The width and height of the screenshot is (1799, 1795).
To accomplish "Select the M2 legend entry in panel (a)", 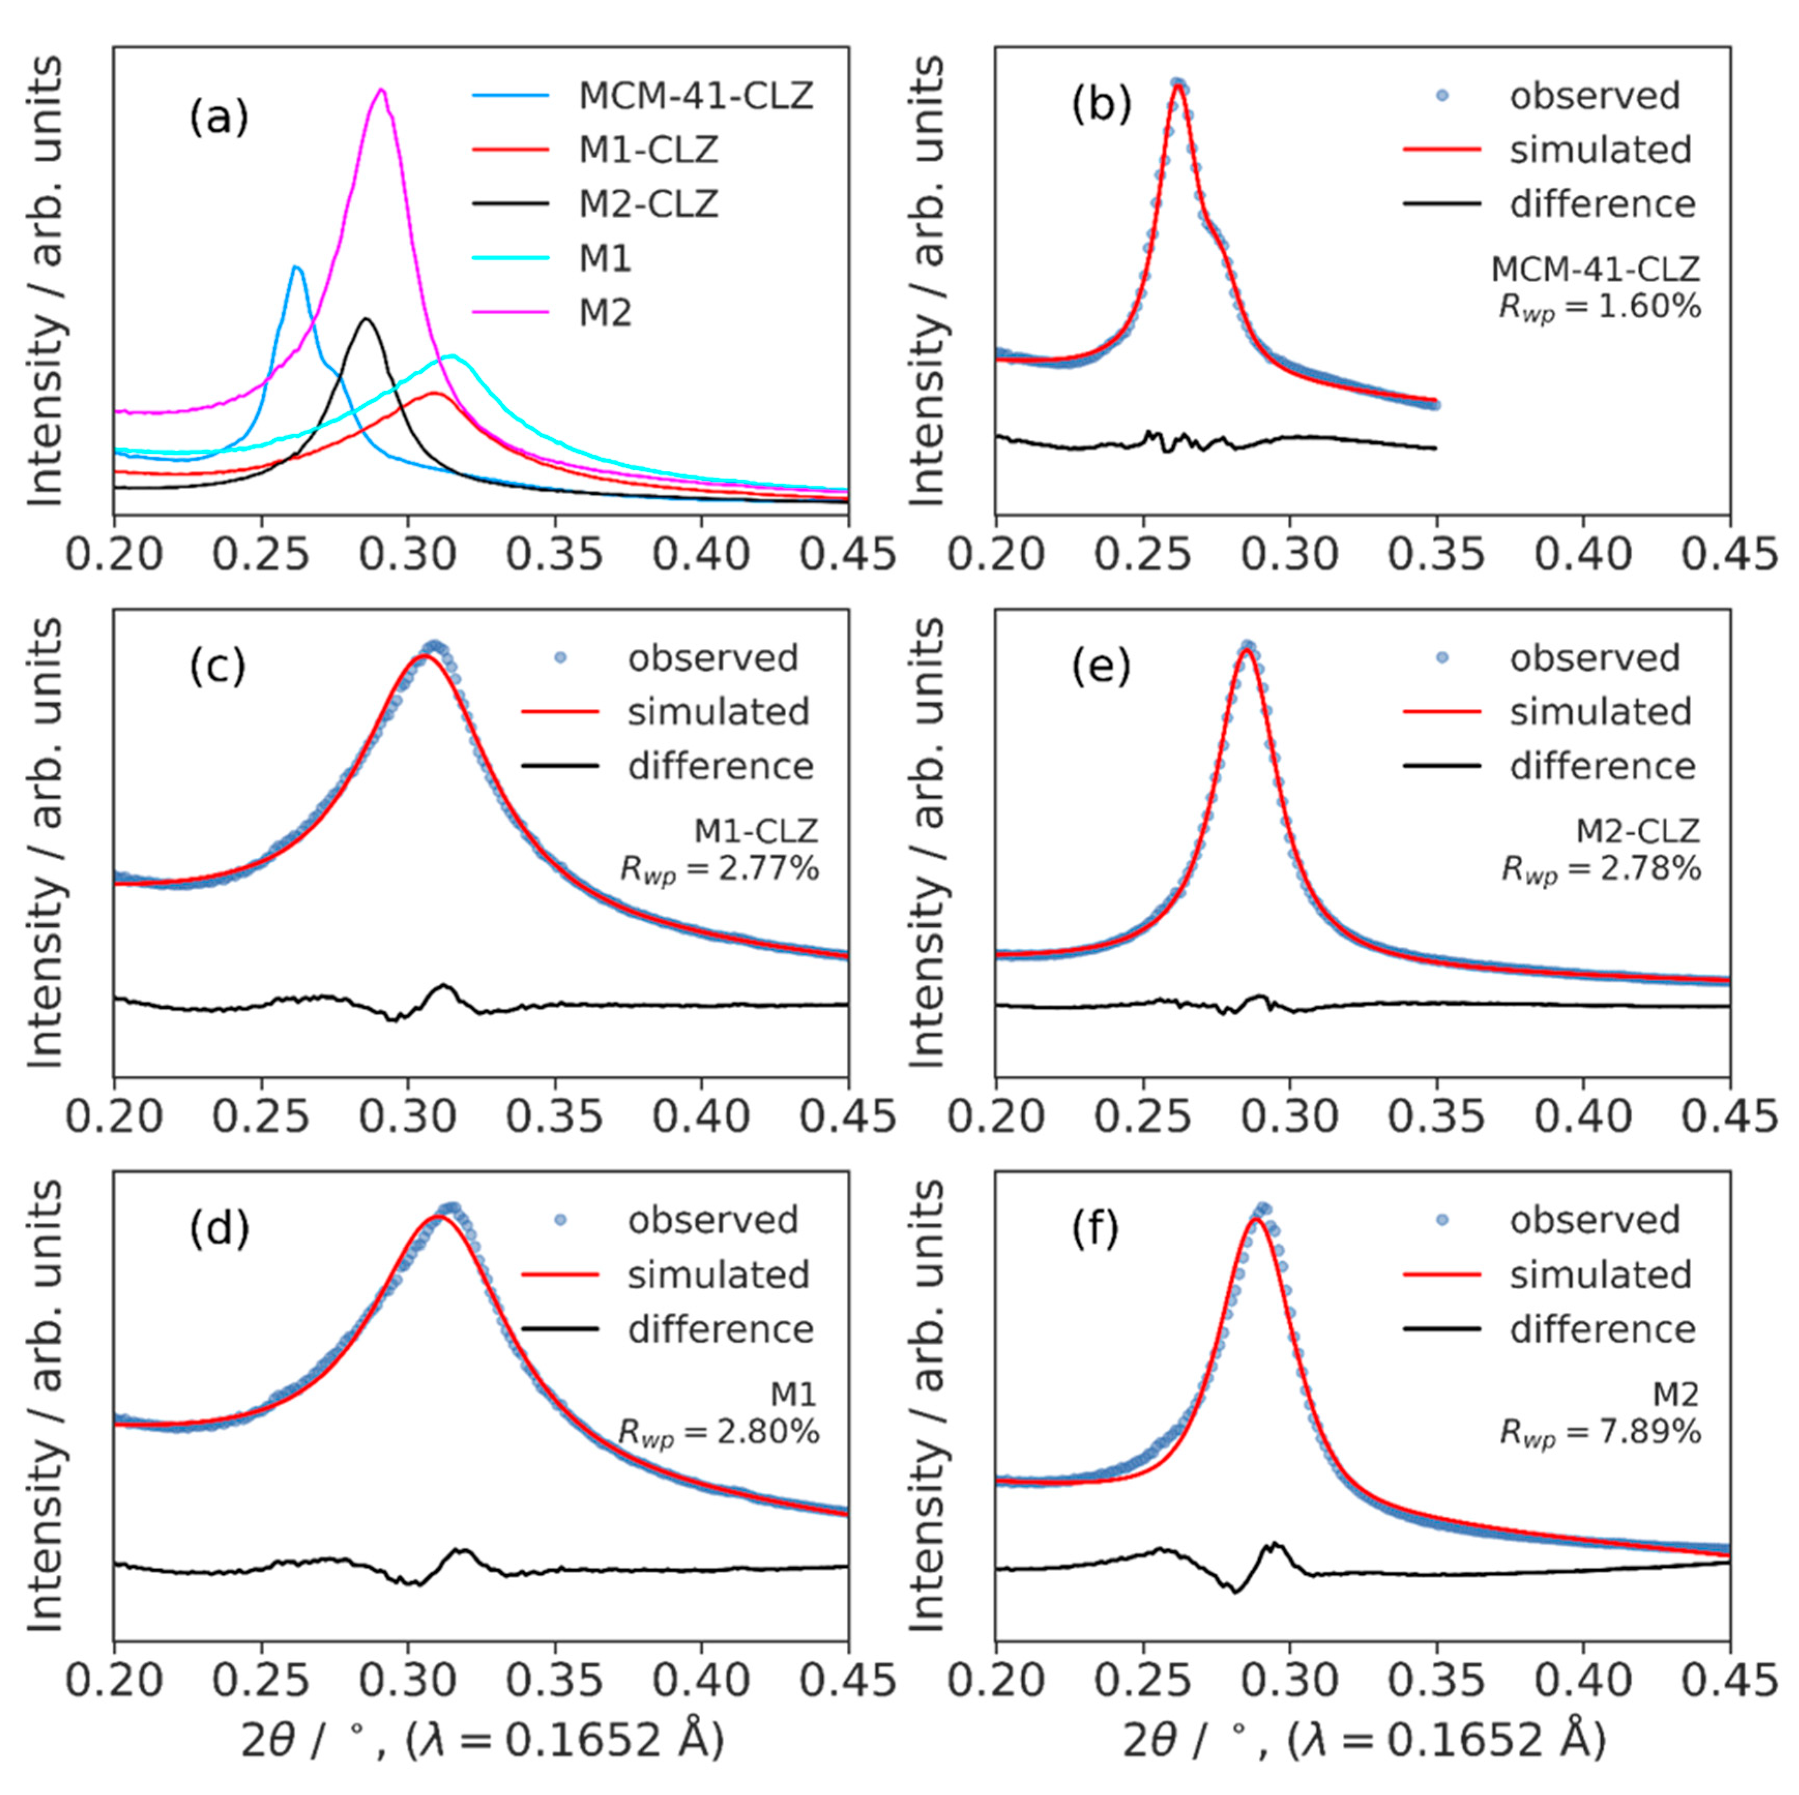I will tap(605, 313).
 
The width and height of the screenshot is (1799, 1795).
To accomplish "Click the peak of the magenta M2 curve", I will tap(381, 91).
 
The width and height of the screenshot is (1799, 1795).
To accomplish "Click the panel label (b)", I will tap(1101, 105).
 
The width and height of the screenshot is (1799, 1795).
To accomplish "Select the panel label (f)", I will tap(1101, 1231).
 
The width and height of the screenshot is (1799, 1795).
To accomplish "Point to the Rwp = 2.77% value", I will tap(719, 869).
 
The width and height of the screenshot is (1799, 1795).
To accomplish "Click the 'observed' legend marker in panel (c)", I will tap(559, 657).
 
